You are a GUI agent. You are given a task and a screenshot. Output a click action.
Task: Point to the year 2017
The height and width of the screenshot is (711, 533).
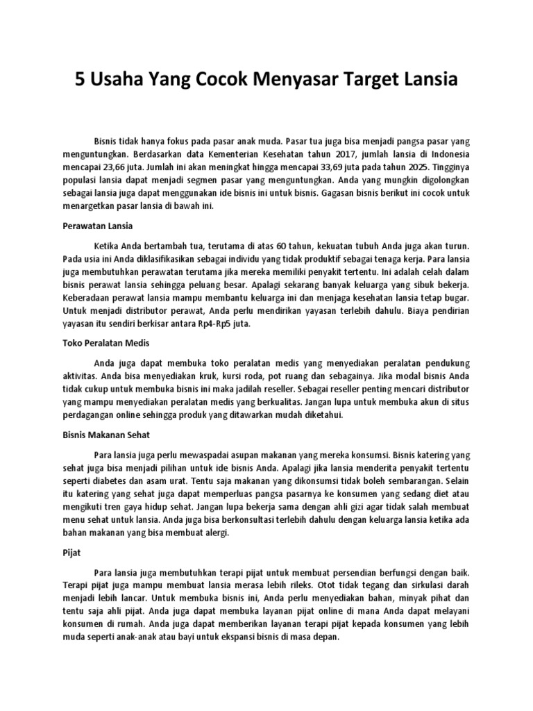click(341, 153)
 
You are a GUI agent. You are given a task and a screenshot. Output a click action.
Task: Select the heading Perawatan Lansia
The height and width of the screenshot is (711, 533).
click(93, 226)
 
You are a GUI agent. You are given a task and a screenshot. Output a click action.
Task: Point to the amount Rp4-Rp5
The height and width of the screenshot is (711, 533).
click(214, 323)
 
